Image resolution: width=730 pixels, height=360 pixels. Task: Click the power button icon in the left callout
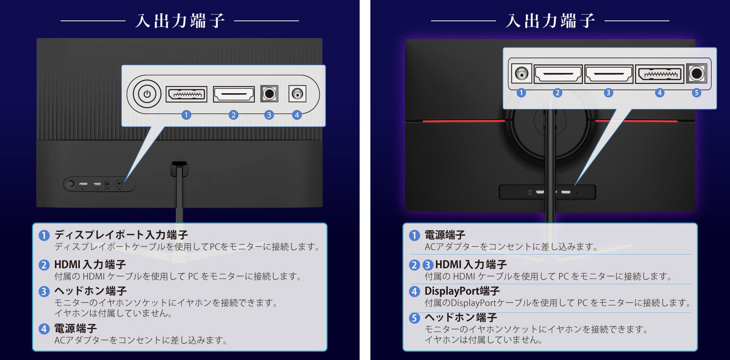point(147,94)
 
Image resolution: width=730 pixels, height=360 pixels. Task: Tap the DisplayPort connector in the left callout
point(186,94)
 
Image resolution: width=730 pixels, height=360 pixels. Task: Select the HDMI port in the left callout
point(234,94)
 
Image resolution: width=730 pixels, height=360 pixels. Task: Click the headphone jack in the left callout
point(269,94)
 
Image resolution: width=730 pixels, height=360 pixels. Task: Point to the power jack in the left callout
point(297,94)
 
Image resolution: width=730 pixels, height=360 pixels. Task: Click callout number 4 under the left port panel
point(297,115)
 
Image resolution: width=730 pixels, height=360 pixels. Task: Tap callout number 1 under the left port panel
point(186,115)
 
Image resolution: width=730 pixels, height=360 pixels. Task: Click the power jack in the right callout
point(521,73)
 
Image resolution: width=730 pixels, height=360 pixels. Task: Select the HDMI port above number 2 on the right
point(558,74)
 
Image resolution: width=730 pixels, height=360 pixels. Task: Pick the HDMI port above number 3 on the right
point(609,74)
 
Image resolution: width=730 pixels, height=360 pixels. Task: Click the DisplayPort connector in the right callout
point(660,74)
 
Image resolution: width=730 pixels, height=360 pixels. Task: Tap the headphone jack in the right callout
point(697,73)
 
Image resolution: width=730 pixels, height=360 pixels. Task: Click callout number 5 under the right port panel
point(696,93)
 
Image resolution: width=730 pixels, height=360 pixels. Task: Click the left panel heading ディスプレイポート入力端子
point(121,235)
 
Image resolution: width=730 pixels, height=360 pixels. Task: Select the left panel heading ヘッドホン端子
point(91,291)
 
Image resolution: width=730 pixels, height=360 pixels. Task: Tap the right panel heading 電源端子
point(445,235)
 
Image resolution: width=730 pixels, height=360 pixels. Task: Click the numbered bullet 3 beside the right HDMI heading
point(428,265)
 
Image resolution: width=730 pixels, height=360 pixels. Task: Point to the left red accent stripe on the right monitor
point(463,121)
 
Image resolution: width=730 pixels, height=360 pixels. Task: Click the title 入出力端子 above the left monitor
point(180,21)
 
